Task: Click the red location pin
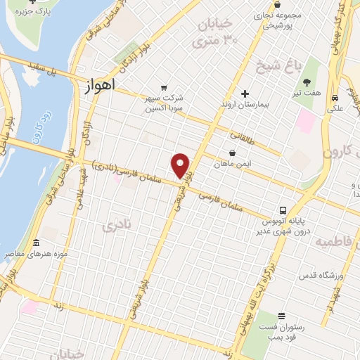pos(181,166)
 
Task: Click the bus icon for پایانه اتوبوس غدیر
pos(283,210)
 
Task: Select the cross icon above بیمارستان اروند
pos(245,94)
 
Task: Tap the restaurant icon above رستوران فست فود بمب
pos(281,316)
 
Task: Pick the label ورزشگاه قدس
pos(319,275)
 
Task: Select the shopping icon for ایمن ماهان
pos(232,153)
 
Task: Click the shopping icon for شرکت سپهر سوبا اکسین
pos(164,87)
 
